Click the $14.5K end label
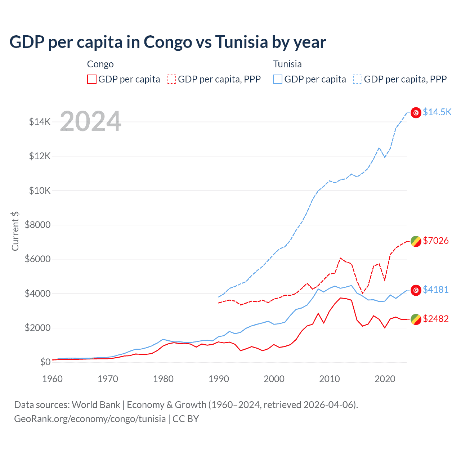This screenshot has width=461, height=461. point(437,112)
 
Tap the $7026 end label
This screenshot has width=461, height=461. point(435,241)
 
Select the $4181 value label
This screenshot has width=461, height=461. point(435,290)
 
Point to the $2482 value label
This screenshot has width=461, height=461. point(435,319)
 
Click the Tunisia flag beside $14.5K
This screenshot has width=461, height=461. point(416,113)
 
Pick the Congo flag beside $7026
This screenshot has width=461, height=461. point(416,241)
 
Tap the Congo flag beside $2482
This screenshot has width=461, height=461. point(416,319)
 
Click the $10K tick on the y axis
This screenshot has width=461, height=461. point(40,191)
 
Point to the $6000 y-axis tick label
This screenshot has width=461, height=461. point(37,259)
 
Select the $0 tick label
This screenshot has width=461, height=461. point(45,362)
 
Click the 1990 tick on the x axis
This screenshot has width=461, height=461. point(219,379)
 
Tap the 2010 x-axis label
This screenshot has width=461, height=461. point(330,379)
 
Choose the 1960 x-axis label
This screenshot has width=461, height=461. point(53,379)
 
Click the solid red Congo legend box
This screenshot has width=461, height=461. point(92,79)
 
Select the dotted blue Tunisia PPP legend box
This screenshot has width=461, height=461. point(358,79)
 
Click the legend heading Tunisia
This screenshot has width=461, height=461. point(287,64)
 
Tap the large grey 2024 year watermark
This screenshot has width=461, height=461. point(90,121)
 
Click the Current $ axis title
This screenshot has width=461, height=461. point(15,231)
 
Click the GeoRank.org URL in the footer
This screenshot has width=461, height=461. point(90,419)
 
